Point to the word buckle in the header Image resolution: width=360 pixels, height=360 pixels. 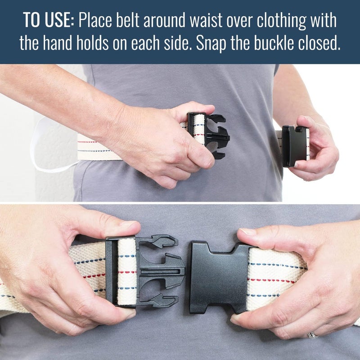tap(286, 44)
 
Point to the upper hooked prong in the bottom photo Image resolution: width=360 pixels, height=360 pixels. tap(162, 242)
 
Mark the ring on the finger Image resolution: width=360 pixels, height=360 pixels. tap(311, 335)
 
